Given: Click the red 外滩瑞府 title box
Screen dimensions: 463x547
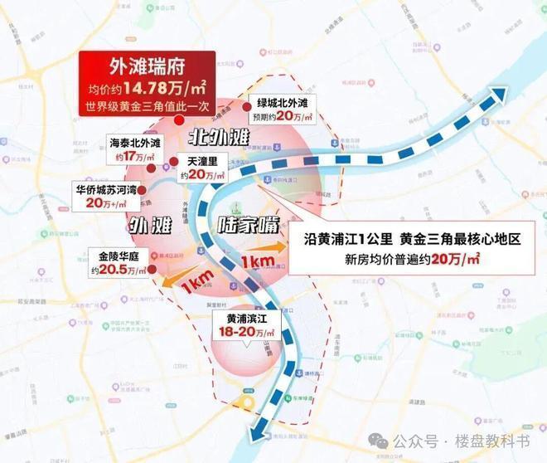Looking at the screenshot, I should pos(147,67).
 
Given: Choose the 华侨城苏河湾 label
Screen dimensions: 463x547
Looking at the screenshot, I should pos(106,188).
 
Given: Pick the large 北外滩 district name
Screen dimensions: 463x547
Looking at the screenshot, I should pos(217,135).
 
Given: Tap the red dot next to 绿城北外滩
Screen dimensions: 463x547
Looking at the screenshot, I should pos(245,107).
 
